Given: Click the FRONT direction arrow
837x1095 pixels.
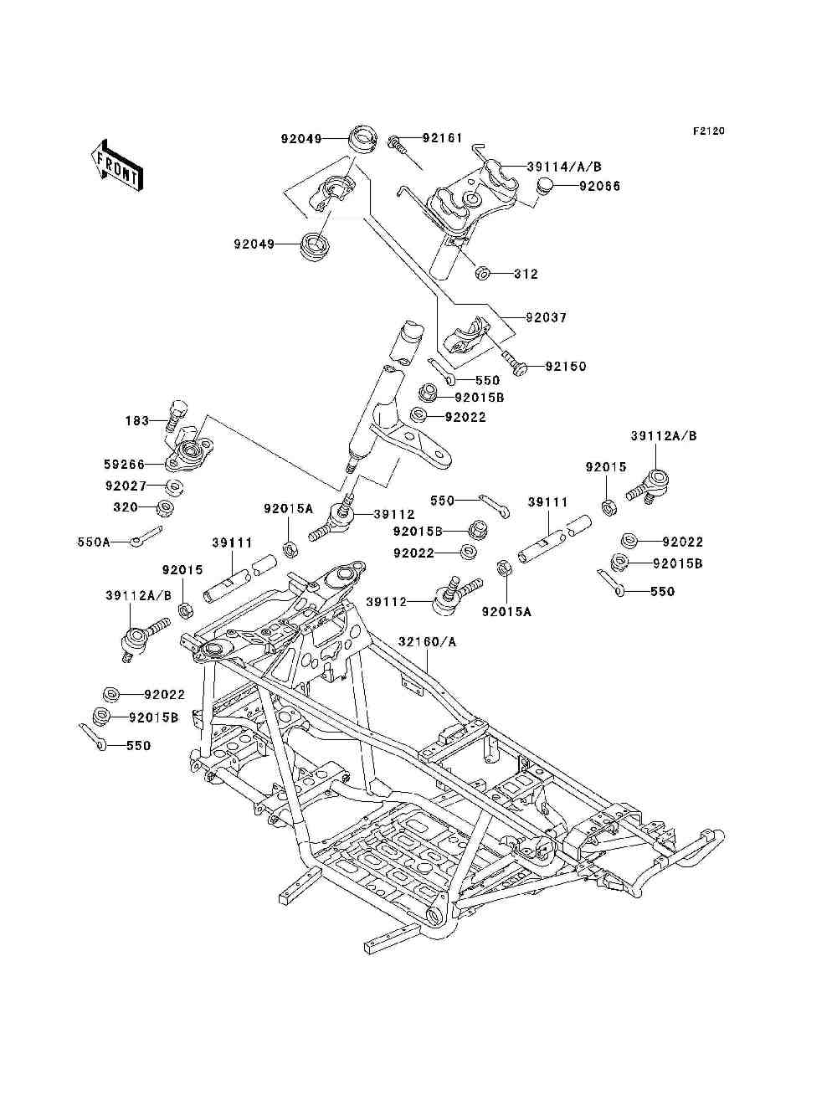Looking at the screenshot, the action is click(117, 165).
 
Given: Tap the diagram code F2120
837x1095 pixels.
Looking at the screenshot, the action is click(708, 131).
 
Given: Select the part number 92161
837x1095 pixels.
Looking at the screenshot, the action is click(443, 137).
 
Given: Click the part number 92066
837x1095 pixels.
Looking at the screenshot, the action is click(599, 186).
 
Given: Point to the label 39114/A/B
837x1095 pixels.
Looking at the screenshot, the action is click(564, 167).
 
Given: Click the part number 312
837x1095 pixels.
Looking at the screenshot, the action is click(526, 274).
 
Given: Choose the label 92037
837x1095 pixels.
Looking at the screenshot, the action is click(547, 317).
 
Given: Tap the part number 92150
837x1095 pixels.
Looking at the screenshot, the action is click(566, 367).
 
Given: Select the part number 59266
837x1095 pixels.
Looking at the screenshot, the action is click(124, 465).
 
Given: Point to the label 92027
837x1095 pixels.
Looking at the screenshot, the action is click(126, 486).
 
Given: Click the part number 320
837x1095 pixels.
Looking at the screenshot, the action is click(126, 507).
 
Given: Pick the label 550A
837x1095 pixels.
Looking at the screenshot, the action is click(94, 542).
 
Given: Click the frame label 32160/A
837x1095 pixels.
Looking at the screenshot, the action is click(427, 642).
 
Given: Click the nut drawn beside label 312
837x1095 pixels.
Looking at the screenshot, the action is click(482, 274).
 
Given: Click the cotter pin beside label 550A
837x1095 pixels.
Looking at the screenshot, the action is click(146, 534).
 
